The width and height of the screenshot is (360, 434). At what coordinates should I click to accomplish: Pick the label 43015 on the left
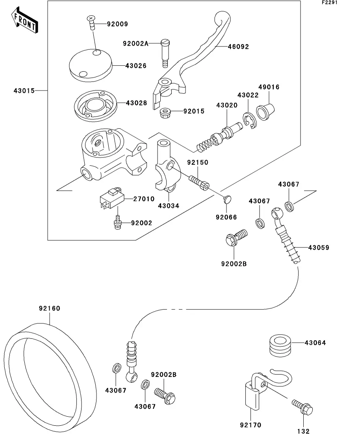click(x=24, y=91)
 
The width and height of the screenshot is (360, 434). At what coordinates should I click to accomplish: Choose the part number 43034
click(x=169, y=205)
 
